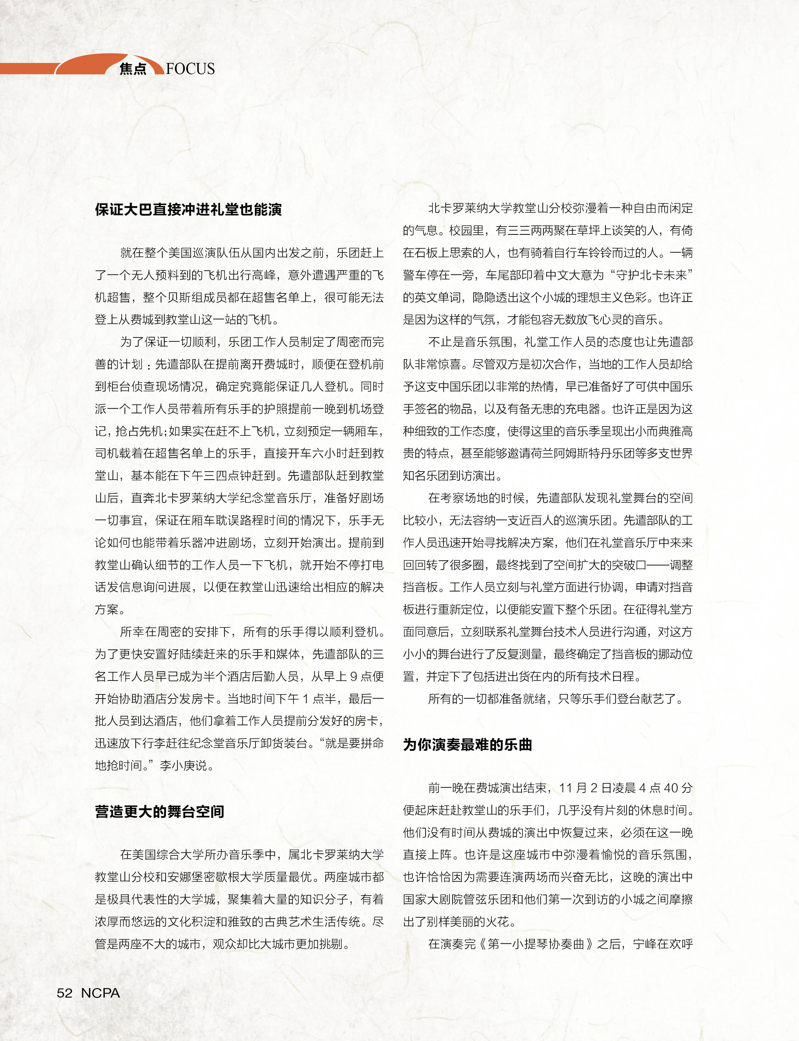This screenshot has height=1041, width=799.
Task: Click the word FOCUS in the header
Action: (190, 69)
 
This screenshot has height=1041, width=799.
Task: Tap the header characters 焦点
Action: (133, 70)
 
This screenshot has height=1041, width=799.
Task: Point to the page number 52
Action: (65, 993)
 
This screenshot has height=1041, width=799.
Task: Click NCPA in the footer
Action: (100, 993)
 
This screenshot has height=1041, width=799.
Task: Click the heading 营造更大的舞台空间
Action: (159, 811)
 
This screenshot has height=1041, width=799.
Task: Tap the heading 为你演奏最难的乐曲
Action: (468, 744)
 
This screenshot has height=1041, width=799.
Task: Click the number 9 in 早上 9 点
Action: (353, 676)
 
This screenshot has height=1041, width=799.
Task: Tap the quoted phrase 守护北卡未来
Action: (651, 275)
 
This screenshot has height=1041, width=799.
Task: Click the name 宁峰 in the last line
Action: (644, 944)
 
